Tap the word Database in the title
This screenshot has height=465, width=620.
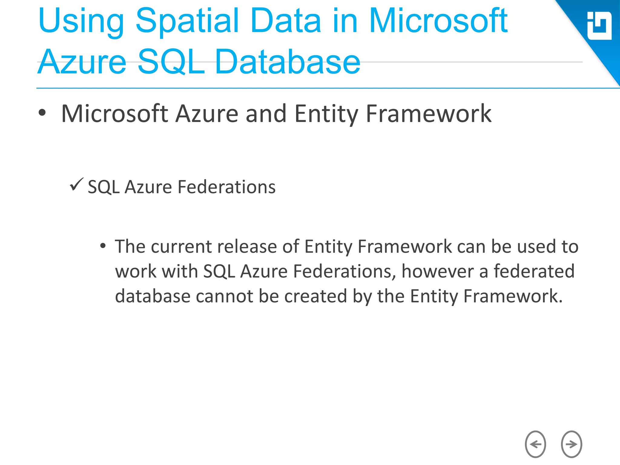coord(287,62)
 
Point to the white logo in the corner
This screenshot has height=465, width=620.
coord(599,26)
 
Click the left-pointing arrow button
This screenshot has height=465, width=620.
coord(535,444)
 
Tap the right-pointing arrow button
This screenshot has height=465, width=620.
coord(571,444)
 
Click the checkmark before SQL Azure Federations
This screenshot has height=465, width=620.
coord(76,184)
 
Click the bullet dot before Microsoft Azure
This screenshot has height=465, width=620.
coord(42,113)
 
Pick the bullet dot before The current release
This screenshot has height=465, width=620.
coord(103,246)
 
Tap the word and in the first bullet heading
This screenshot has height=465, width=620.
coord(266,114)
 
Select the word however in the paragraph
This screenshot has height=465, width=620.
coord(437,271)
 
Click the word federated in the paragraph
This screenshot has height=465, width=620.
coord(534,271)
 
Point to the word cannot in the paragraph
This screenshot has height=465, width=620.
coord(224,296)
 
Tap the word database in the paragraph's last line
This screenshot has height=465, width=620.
coord(153,296)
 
